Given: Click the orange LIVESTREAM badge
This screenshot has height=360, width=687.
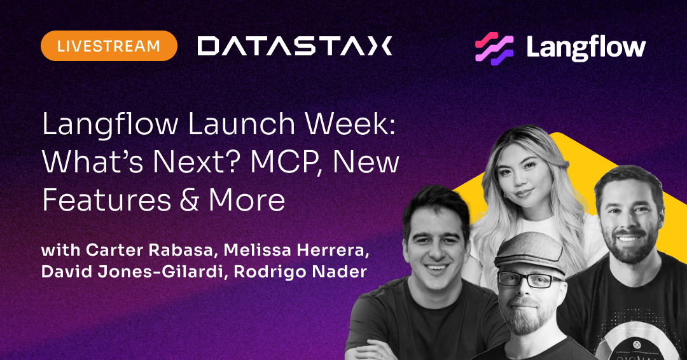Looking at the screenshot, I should [x=109, y=46].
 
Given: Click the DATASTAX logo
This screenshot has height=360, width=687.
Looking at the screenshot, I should [x=295, y=46].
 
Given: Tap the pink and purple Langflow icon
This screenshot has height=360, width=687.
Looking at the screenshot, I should [x=494, y=47].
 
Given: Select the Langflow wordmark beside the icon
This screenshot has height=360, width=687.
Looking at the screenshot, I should [x=585, y=47].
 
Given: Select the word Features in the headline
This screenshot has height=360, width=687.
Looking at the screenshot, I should [x=100, y=200].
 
